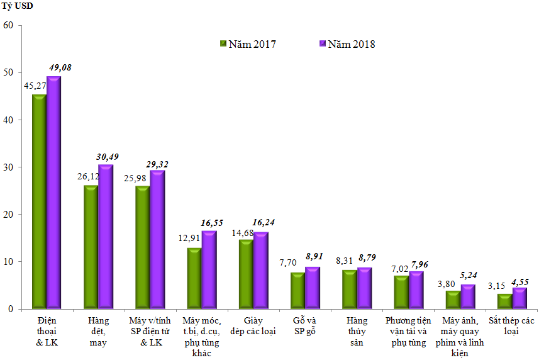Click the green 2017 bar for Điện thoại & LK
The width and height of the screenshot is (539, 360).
[x=39, y=201]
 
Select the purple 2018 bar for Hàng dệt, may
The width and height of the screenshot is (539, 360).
[x=106, y=237]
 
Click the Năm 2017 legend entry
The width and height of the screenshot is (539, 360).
[x=247, y=44]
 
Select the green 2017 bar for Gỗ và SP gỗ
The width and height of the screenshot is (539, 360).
[x=297, y=290]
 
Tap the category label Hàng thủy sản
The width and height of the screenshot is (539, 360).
[x=357, y=332]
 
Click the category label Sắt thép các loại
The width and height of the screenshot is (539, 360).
[x=511, y=326]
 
